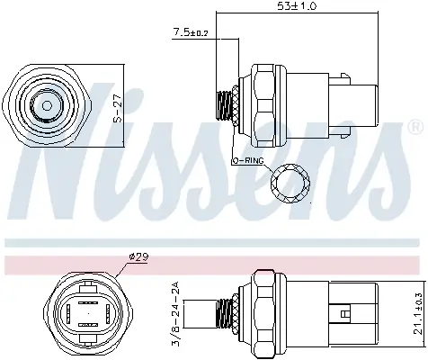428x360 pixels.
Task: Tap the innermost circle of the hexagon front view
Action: (x=48, y=106)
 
